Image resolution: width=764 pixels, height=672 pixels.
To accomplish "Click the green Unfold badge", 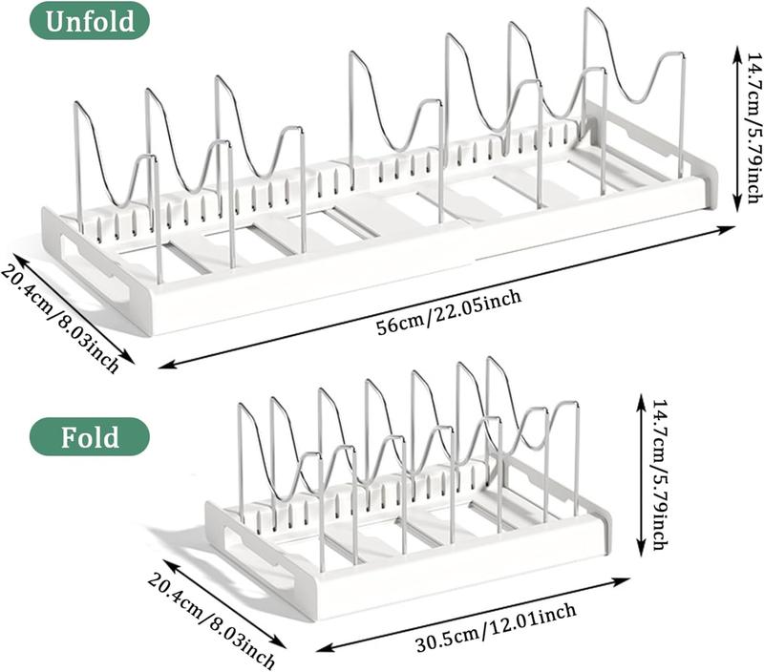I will [x=90, y=20].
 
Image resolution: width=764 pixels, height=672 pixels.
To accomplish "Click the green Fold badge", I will [x=90, y=437].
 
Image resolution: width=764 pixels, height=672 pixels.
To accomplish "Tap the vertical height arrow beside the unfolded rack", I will [x=735, y=129].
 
